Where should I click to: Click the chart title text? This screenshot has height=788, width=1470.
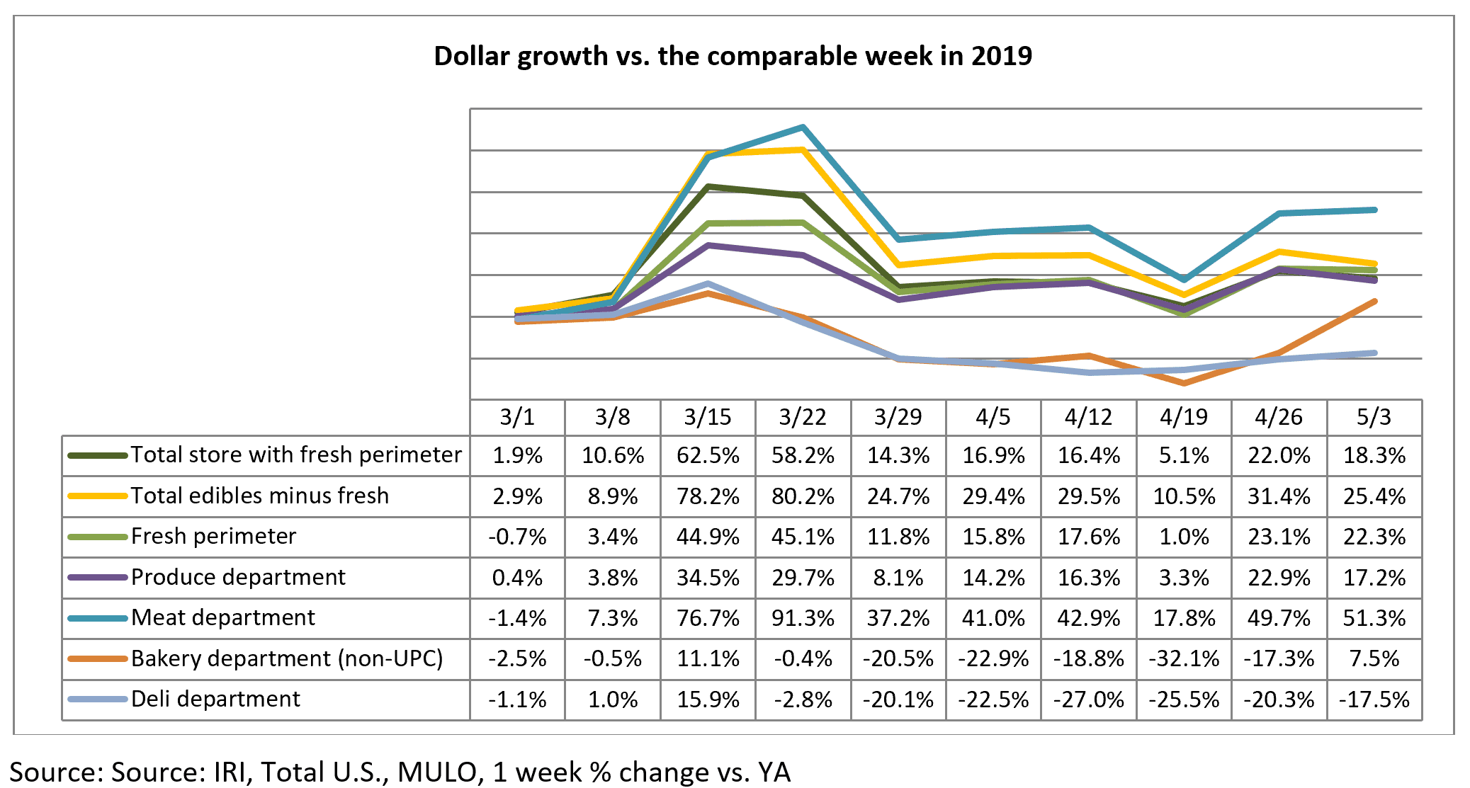tap(733, 56)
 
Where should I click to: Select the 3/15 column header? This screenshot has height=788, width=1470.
tap(708, 417)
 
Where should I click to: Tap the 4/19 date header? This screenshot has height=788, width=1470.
tap(1184, 417)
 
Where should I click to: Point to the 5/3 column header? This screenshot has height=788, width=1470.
tap(1374, 417)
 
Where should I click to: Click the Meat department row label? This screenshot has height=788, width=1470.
tap(223, 617)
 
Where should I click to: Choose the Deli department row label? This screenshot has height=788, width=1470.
tap(216, 699)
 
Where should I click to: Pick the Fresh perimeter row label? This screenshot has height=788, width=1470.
tap(214, 536)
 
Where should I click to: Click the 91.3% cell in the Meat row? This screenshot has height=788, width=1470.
tap(803, 618)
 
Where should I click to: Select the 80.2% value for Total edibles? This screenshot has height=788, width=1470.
tap(803, 496)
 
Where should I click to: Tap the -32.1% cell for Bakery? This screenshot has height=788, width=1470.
tap(1184, 658)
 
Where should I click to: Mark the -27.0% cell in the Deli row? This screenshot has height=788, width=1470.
tap(1089, 700)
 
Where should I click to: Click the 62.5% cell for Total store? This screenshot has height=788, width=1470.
tap(708, 455)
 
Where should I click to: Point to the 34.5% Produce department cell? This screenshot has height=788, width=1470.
tap(708, 578)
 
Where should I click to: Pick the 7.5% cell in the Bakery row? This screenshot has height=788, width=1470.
tap(1374, 658)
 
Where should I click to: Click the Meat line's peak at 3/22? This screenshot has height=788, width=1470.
tap(803, 127)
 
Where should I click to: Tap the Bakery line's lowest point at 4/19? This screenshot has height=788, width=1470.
tap(1184, 383)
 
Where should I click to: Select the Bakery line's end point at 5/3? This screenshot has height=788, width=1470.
tap(1374, 302)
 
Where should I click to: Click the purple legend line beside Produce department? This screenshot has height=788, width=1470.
tap(98, 577)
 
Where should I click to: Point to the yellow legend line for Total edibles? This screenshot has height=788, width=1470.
tap(98, 496)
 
